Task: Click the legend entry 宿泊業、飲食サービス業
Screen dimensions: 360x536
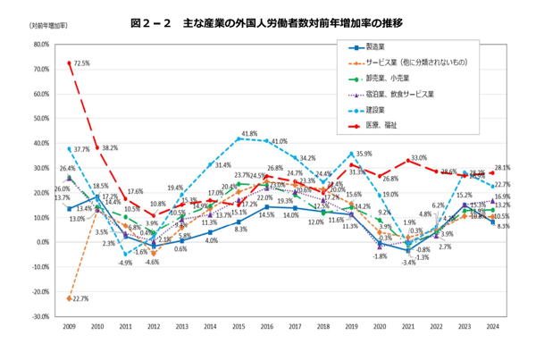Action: tap(398, 94)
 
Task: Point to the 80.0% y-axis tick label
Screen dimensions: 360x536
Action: tap(39, 44)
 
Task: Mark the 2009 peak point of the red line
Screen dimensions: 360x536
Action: tap(70, 63)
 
